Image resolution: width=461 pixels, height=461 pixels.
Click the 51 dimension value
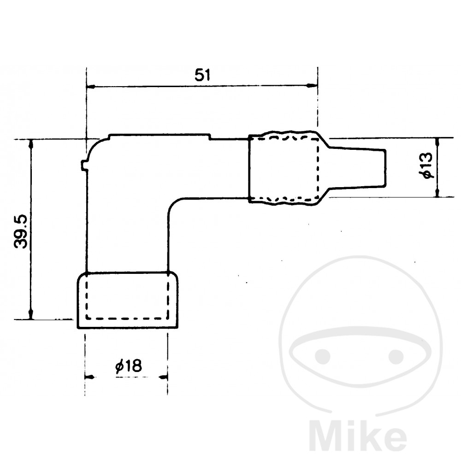(202, 75)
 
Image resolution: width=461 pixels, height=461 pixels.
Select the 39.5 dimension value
(21, 231)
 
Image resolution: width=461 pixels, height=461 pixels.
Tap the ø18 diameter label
(129, 366)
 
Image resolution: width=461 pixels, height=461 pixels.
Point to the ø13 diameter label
(426, 165)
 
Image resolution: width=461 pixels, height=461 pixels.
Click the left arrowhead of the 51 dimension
(90, 87)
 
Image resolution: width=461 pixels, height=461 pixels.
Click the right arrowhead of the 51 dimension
(312, 86)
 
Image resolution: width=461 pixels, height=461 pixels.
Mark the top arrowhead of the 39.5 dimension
(30, 144)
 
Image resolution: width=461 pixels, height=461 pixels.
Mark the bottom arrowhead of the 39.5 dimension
(30, 314)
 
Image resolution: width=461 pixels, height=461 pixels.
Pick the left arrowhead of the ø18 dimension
(89, 377)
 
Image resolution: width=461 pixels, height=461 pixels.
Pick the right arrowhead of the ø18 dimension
(163, 377)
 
